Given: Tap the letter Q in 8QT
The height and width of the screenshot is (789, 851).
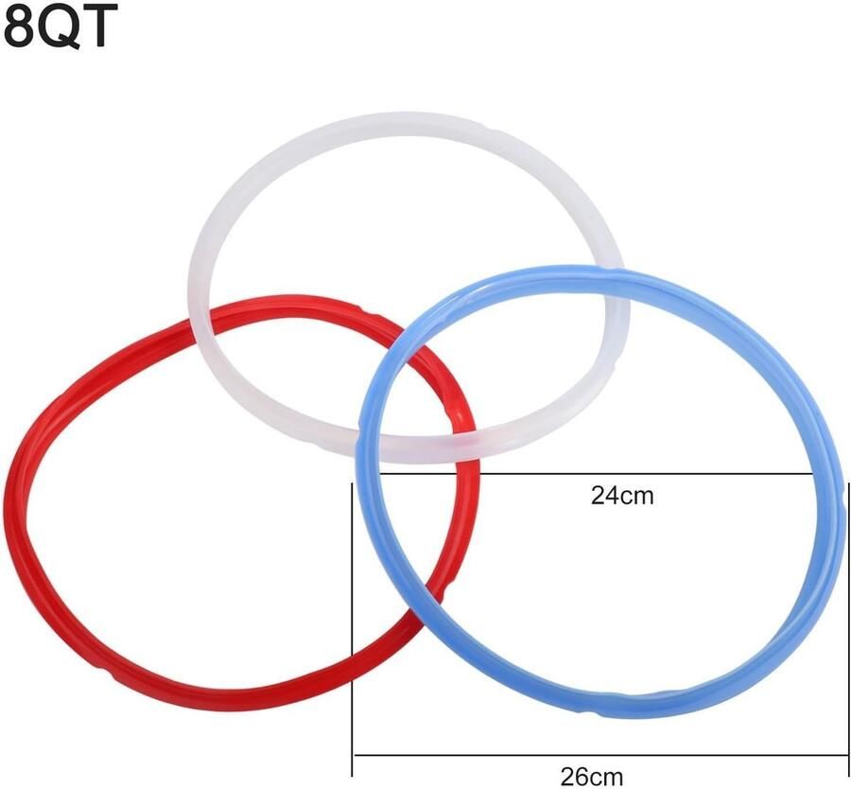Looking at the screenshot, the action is [x=58, y=27].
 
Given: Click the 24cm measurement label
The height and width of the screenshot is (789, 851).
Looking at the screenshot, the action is [x=622, y=496].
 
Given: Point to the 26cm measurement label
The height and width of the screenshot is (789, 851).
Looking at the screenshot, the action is [x=592, y=777].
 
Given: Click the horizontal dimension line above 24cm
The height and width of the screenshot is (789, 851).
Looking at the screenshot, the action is [x=596, y=474].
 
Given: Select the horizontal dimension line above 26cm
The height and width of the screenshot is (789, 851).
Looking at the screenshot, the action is [x=600, y=755].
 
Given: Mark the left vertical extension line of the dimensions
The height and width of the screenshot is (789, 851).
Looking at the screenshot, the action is [x=353, y=630].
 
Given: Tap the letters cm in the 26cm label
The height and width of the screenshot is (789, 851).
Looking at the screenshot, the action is [x=607, y=779].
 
